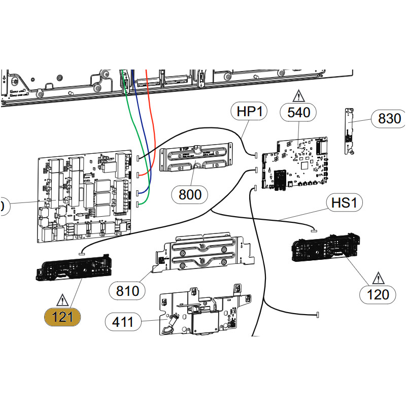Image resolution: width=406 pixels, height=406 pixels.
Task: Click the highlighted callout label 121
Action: point(62,317)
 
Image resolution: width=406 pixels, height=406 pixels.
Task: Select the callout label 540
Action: point(298,112)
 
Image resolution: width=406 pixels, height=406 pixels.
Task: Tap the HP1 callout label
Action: point(249,112)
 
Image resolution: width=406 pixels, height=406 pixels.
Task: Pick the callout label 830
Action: point(389,119)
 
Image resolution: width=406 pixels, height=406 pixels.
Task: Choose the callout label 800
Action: point(190,194)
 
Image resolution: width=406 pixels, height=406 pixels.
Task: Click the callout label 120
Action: point(378,294)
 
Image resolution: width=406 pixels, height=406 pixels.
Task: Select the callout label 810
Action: point(127,291)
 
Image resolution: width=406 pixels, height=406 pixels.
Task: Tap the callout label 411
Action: point(123,321)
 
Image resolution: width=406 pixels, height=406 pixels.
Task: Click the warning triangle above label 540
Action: point(298,95)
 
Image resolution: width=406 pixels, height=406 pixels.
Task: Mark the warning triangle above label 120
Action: point(378,278)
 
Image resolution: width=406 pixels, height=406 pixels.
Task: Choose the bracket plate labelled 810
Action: point(203,252)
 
